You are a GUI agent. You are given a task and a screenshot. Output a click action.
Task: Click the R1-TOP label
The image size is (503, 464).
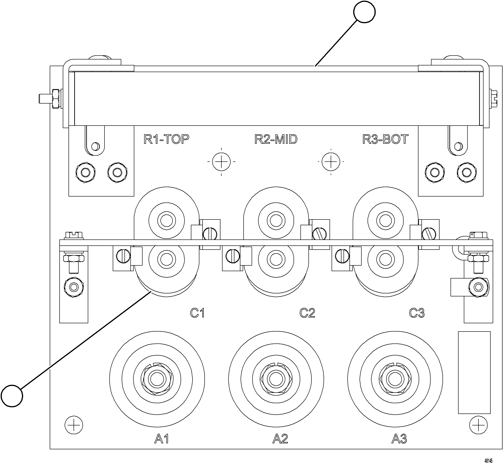166,139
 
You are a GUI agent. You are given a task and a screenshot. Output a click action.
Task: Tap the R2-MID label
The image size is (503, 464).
276,139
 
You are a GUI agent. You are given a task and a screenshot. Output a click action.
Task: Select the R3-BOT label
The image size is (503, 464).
385,139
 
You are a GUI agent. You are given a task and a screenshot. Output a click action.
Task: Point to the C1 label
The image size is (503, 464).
197,313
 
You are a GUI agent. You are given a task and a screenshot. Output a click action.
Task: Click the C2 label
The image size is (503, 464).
307,313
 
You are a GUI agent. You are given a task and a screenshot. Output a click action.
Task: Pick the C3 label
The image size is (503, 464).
417,313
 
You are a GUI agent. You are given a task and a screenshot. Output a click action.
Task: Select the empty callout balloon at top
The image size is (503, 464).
364,11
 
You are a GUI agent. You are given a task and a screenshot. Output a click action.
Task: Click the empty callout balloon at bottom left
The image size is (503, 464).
12,396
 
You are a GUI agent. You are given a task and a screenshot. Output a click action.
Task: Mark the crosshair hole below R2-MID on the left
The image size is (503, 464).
221,162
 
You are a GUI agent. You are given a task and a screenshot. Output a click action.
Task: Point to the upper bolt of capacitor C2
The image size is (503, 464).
276,221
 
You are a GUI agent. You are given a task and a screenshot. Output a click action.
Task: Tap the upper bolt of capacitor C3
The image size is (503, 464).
385,221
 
